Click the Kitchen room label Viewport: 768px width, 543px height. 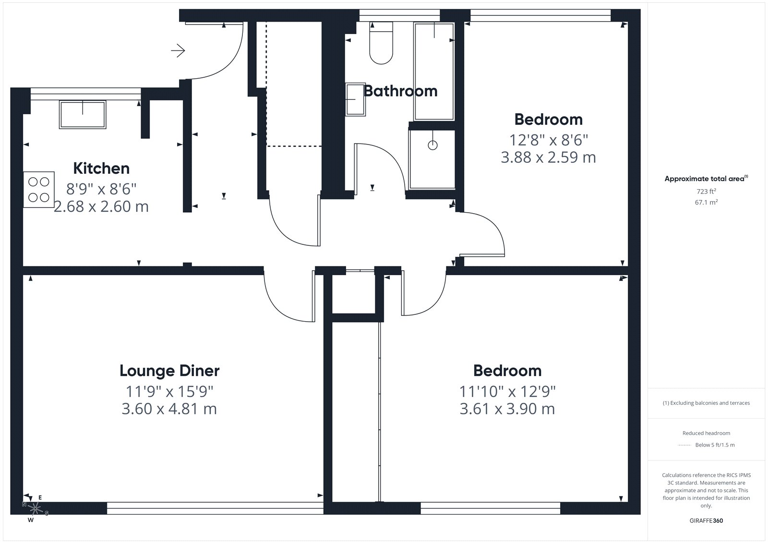click(x=101, y=169)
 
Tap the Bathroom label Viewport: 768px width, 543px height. click(x=400, y=91)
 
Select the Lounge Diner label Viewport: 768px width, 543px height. click(x=169, y=371)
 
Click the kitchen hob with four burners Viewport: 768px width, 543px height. click(x=39, y=189)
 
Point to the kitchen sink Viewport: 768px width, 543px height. click(x=83, y=115)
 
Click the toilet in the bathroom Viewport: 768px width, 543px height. click(x=381, y=43)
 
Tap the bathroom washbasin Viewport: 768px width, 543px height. click(x=355, y=99)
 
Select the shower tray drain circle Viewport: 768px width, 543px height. click(x=432, y=145)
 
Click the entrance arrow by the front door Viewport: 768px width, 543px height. click(x=178, y=51)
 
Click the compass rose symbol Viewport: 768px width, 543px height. click(x=35, y=508)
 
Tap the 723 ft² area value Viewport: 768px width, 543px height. click(x=706, y=191)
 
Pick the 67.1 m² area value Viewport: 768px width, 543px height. click(x=706, y=202)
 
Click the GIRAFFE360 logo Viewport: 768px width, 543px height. click(x=706, y=520)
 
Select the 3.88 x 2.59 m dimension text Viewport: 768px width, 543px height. click(x=548, y=157)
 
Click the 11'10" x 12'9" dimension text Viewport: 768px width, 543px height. click(x=507, y=391)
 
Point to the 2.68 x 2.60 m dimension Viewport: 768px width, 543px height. click(x=101, y=206)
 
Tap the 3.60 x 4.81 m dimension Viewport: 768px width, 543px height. click(x=169, y=409)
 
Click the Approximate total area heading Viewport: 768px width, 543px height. click(x=706, y=179)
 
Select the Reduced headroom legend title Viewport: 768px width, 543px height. click(x=706, y=433)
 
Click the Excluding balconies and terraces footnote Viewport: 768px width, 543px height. click(x=706, y=403)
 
